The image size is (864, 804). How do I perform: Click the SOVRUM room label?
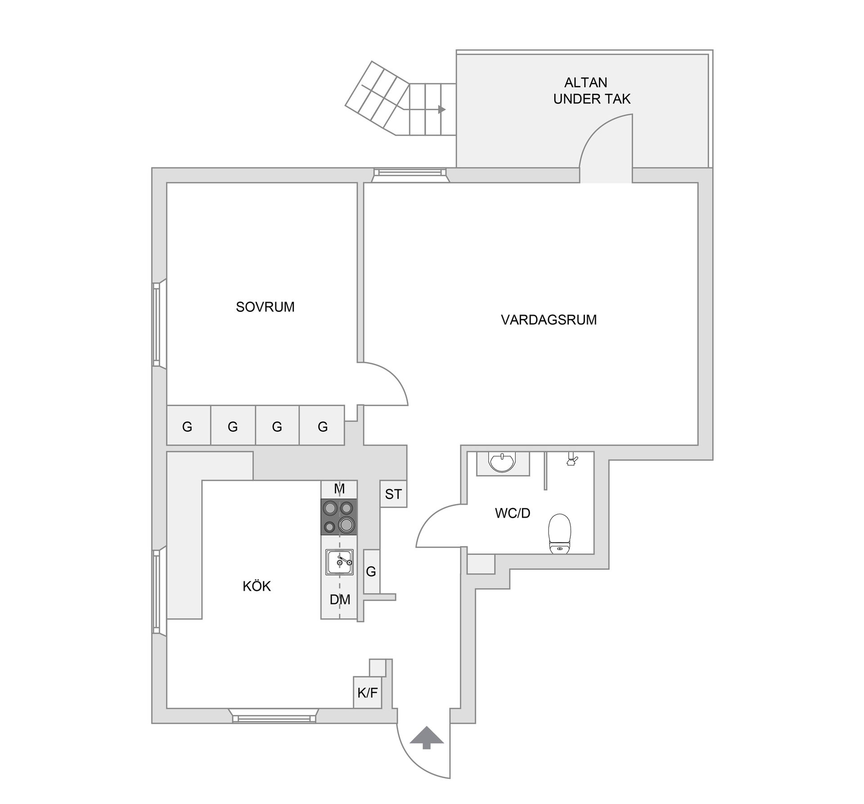click(265, 307)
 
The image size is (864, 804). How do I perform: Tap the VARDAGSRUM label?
click(549, 320)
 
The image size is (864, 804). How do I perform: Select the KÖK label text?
click(256, 586)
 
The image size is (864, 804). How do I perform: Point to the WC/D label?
click(513, 513)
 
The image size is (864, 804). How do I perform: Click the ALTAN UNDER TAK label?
click(591, 90)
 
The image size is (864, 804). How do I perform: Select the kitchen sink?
click(339, 561)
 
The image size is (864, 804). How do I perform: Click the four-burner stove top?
click(339, 517)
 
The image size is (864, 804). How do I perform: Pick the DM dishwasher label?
click(340, 599)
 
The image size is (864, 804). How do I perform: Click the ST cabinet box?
click(393, 494)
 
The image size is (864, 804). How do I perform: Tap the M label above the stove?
click(339, 489)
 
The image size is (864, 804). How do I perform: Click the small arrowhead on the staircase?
click(442, 109)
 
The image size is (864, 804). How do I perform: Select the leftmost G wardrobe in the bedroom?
click(188, 426)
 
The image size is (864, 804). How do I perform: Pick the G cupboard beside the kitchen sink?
click(371, 571)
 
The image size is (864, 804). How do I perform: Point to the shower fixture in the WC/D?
click(572, 460)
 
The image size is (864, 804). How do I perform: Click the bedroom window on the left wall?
click(157, 324)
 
